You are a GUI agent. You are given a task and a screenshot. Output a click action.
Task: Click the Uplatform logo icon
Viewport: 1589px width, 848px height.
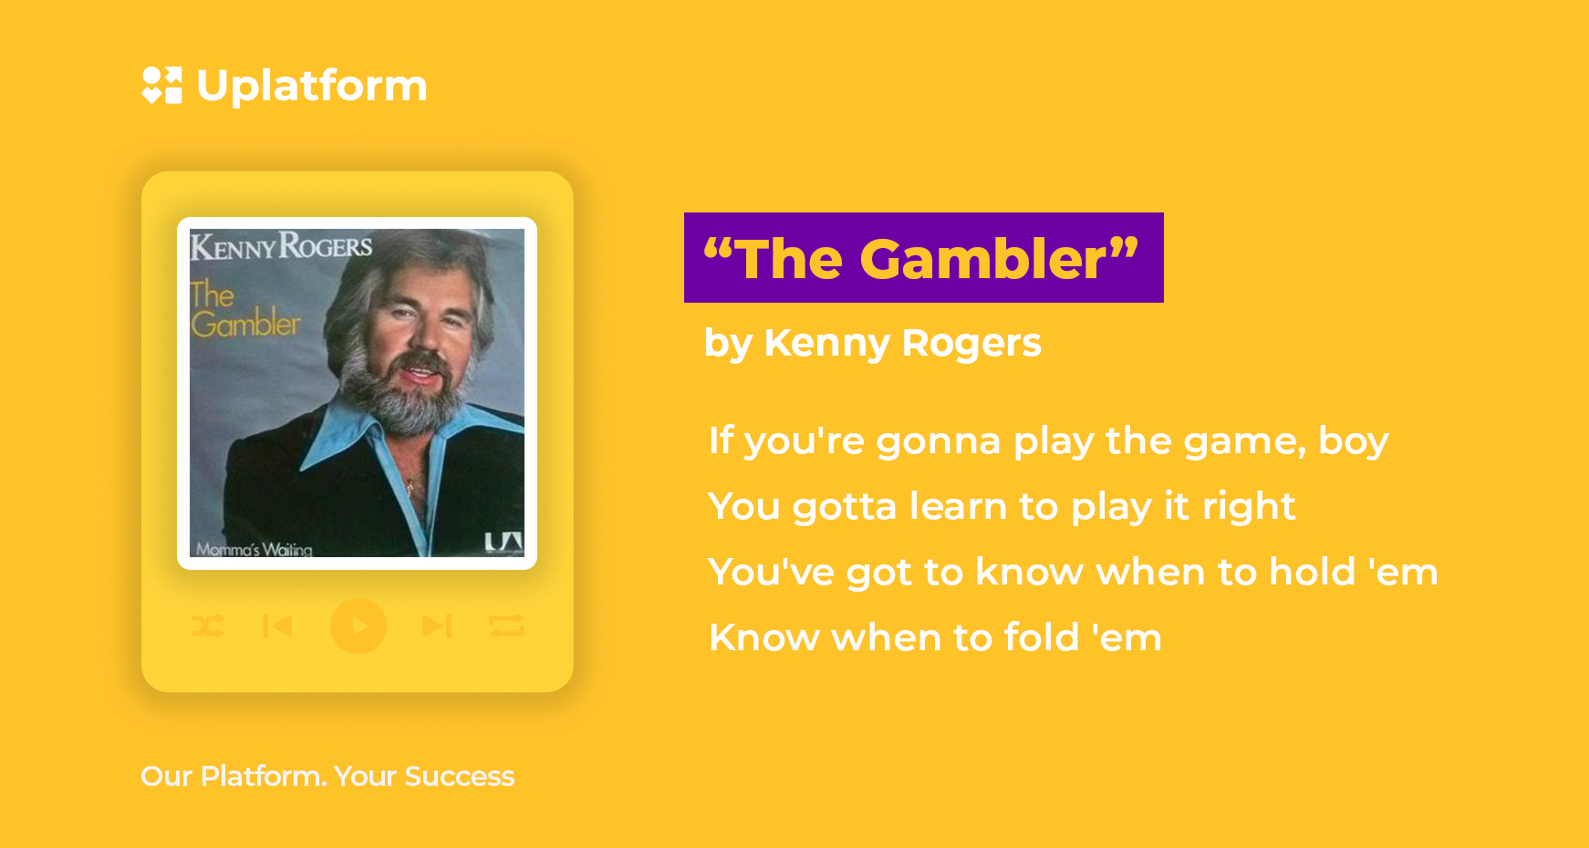point(162,85)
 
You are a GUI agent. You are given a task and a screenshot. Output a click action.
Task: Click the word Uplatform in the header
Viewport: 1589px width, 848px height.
point(312,87)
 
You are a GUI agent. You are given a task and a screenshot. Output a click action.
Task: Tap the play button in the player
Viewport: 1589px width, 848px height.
point(358,626)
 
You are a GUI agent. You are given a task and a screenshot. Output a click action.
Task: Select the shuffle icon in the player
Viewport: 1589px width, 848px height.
point(208,626)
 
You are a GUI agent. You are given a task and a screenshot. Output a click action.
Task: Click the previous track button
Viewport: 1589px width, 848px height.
point(277,626)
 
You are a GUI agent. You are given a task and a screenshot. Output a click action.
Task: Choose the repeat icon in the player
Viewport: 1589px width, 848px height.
point(506,626)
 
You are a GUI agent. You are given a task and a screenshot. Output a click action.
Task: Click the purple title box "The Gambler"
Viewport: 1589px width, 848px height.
point(924,257)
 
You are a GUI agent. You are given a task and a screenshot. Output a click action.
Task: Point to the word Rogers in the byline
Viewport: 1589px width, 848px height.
point(971,343)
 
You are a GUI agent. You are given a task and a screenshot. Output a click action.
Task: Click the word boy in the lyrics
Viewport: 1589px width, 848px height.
point(1354,441)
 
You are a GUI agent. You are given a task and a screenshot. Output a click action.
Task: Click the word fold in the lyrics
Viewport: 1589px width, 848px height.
point(1042,637)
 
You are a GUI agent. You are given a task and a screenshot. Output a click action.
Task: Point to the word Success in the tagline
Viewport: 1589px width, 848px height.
point(460,776)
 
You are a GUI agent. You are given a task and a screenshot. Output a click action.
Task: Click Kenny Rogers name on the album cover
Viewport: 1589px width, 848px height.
point(281,246)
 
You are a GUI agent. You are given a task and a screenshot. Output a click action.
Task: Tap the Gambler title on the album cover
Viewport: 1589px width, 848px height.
point(244,309)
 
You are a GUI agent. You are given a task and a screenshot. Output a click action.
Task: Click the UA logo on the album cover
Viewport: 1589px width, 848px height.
point(504,543)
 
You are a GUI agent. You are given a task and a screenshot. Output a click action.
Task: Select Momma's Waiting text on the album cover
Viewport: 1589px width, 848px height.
point(254,549)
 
